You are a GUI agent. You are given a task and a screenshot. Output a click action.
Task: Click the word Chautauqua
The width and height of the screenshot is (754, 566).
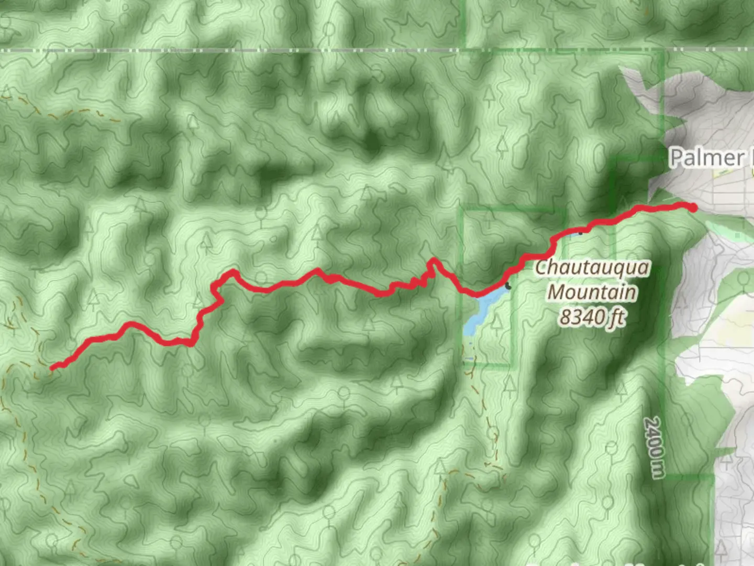tap(592, 268)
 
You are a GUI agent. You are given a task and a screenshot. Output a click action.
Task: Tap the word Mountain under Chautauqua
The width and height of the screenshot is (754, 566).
tap(592, 291)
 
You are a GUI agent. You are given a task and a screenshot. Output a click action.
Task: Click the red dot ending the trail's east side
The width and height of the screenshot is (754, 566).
tap(693, 208)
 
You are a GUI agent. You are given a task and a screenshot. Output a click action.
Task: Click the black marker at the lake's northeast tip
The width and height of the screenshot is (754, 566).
tap(508, 286)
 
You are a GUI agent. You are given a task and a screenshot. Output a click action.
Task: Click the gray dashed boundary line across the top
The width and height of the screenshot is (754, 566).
tap(314, 50)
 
